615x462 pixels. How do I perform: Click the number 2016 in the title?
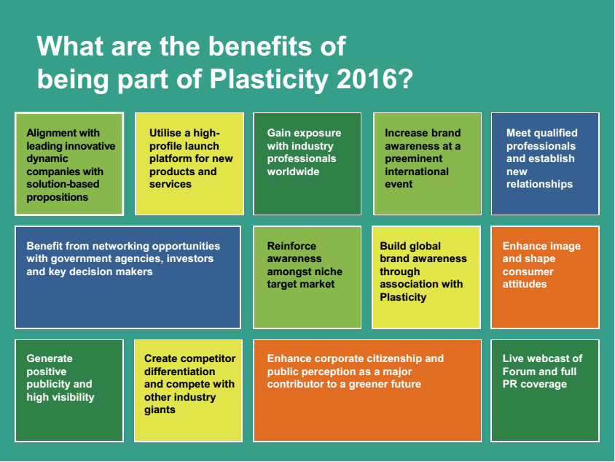(367, 79)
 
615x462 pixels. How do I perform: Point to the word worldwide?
(293, 172)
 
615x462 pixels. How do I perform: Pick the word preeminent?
(413, 159)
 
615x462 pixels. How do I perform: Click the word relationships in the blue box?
(539, 185)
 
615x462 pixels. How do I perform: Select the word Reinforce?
(291, 246)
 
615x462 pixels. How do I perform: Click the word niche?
(328, 272)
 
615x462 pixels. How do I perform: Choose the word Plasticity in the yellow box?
(403, 298)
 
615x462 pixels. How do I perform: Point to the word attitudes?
(525, 284)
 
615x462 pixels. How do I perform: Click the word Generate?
(50, 358)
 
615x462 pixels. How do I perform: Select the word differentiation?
(180, 371)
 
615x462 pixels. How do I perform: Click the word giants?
(160, 410)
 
